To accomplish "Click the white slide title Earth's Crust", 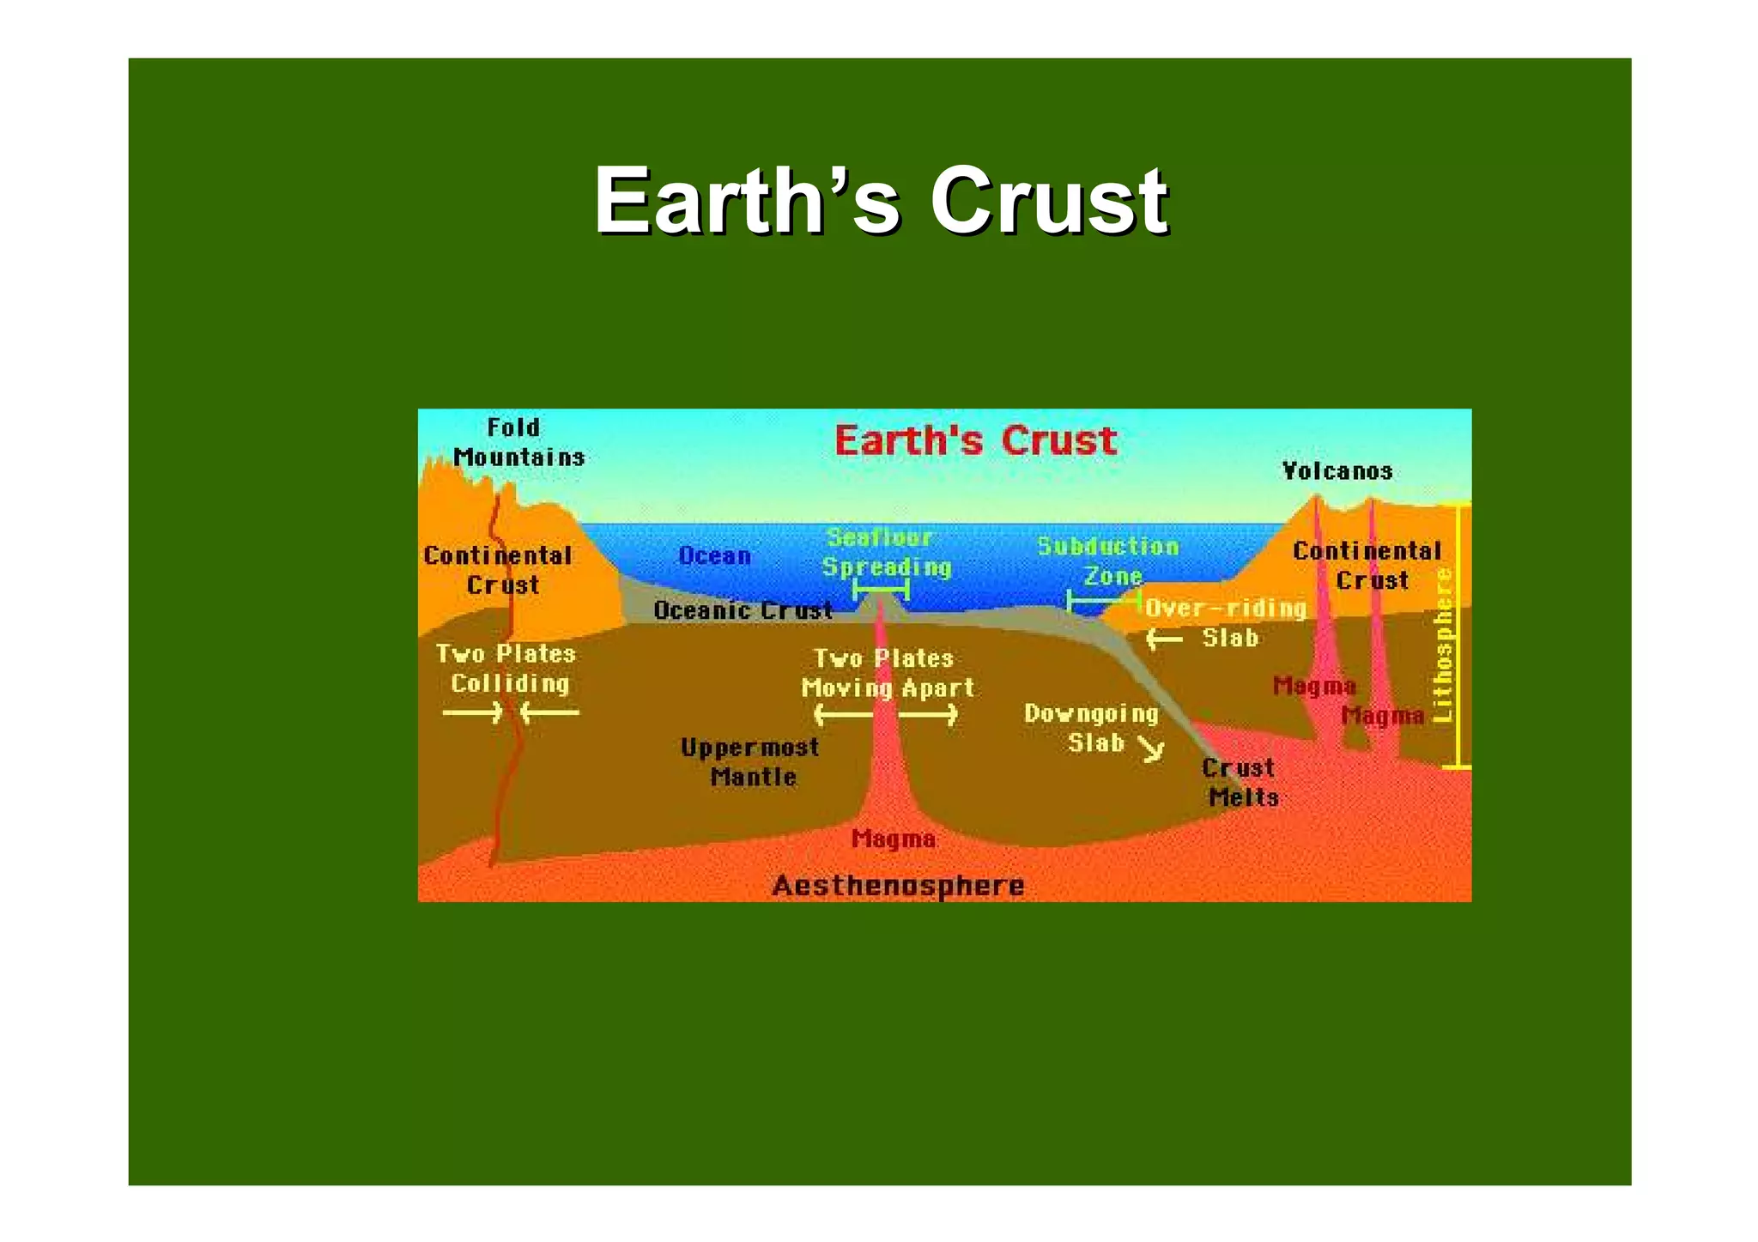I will (x=880, y=201).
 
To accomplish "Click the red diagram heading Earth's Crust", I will (x=975, y=441).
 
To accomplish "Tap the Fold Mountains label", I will (x=518, y=443).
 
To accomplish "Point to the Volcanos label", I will (x=1337, y=471).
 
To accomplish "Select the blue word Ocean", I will (x=714, y=556).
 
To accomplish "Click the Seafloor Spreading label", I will (x=885, y=553).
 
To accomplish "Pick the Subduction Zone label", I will (x=1109, y=561).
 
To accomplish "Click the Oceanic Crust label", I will (x=743, y=610).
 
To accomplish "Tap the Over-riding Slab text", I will (x=1226, y=622).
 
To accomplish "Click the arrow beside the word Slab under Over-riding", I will (x=1164, y=639).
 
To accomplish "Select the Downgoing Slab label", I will (x=1091, y=728).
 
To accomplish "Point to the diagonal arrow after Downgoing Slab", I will (x=1152, y=749).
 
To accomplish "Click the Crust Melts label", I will (x=1240, y=782).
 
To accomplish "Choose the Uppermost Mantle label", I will (x=750, y=762).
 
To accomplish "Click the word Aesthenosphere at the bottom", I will (x=898, y=886).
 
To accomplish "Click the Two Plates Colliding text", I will (x=506, y=669).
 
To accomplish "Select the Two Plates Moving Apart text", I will (x=887, y=673).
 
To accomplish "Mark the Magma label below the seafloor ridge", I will (x=893, y=839).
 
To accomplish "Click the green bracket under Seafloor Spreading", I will (x=881, y=590).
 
